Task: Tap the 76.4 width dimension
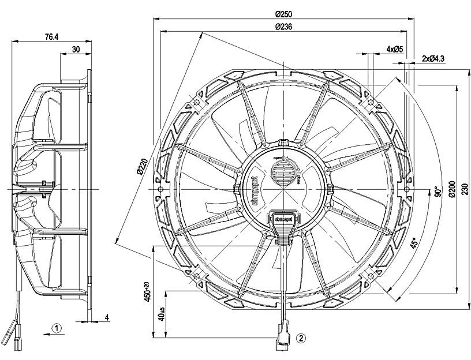coord(51,37)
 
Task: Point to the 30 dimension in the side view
coord(76,50)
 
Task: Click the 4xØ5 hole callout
coord(394,50)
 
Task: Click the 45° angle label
coord(414,245)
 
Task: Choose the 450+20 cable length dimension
coord(148,292)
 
